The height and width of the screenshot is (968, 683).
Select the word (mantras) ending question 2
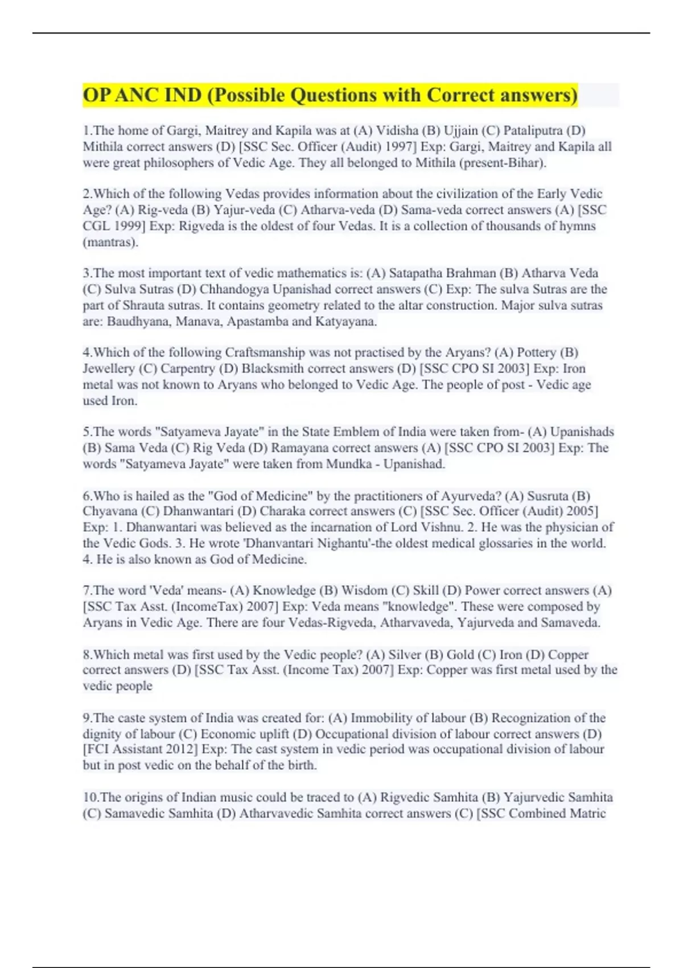coord(111,241)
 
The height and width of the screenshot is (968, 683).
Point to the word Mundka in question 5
coord(346,464)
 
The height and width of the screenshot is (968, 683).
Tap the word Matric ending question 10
coord(589,813)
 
